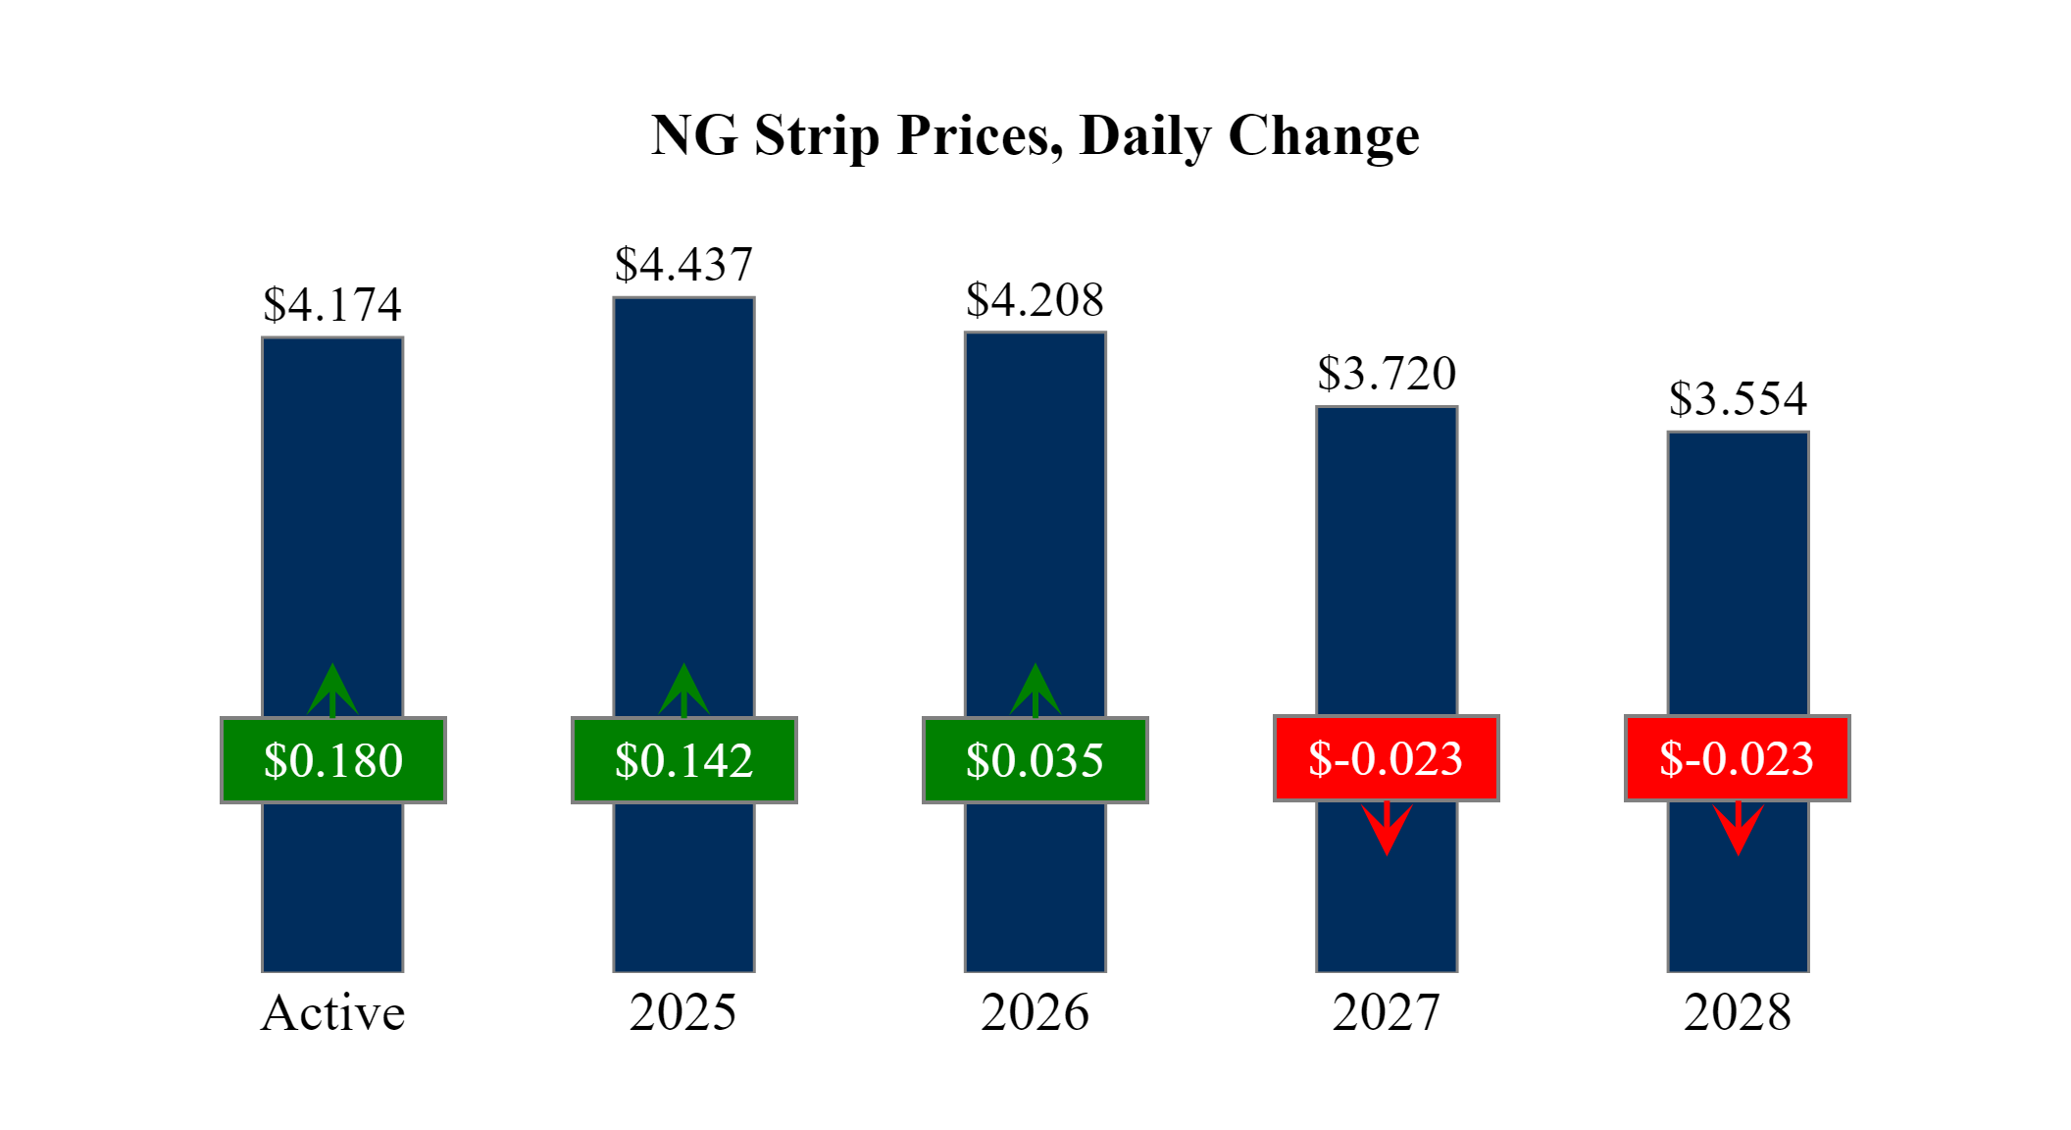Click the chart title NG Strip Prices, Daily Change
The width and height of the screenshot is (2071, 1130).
1035,135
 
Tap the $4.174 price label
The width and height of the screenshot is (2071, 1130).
332,305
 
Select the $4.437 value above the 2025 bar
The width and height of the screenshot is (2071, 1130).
683,265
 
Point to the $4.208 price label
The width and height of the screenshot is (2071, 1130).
1035,300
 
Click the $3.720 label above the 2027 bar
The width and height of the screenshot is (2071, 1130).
1387,374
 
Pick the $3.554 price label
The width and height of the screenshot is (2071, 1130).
1738,399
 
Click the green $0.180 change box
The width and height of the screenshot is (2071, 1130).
333,760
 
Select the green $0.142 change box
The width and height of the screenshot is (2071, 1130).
684,760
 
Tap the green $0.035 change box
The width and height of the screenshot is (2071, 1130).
1035,760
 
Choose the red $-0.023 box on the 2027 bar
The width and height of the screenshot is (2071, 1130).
1387,758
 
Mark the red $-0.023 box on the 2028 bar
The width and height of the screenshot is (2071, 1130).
1738,758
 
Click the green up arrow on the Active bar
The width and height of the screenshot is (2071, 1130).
332,689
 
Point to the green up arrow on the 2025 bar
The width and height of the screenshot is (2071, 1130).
683,689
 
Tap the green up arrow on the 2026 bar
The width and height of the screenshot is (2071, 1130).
1035,689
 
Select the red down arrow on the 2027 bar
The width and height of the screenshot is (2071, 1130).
1387,829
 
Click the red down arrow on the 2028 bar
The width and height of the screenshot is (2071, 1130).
1738,829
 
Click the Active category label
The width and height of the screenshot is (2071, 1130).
332,1012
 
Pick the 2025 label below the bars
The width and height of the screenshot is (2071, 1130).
683,1012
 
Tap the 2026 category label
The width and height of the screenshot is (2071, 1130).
1035,1012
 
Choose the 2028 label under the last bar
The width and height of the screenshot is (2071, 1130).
1738,1012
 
